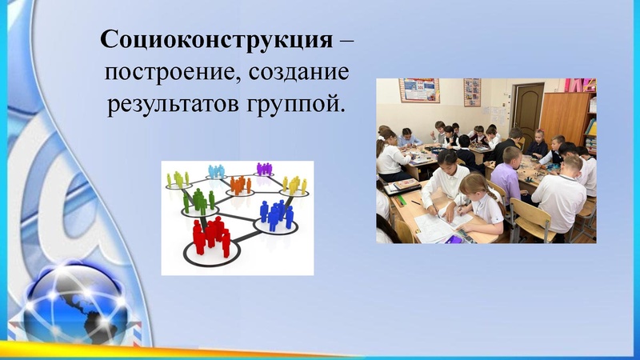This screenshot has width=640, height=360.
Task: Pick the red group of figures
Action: [210, 235]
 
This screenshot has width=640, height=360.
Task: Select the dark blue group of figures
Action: [277, 214]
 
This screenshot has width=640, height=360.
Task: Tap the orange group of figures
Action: [239, 186]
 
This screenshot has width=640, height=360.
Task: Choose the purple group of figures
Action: [264, 169]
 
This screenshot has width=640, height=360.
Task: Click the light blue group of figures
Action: [216, 171]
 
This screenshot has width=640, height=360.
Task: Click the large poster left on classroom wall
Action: [419, 90]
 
